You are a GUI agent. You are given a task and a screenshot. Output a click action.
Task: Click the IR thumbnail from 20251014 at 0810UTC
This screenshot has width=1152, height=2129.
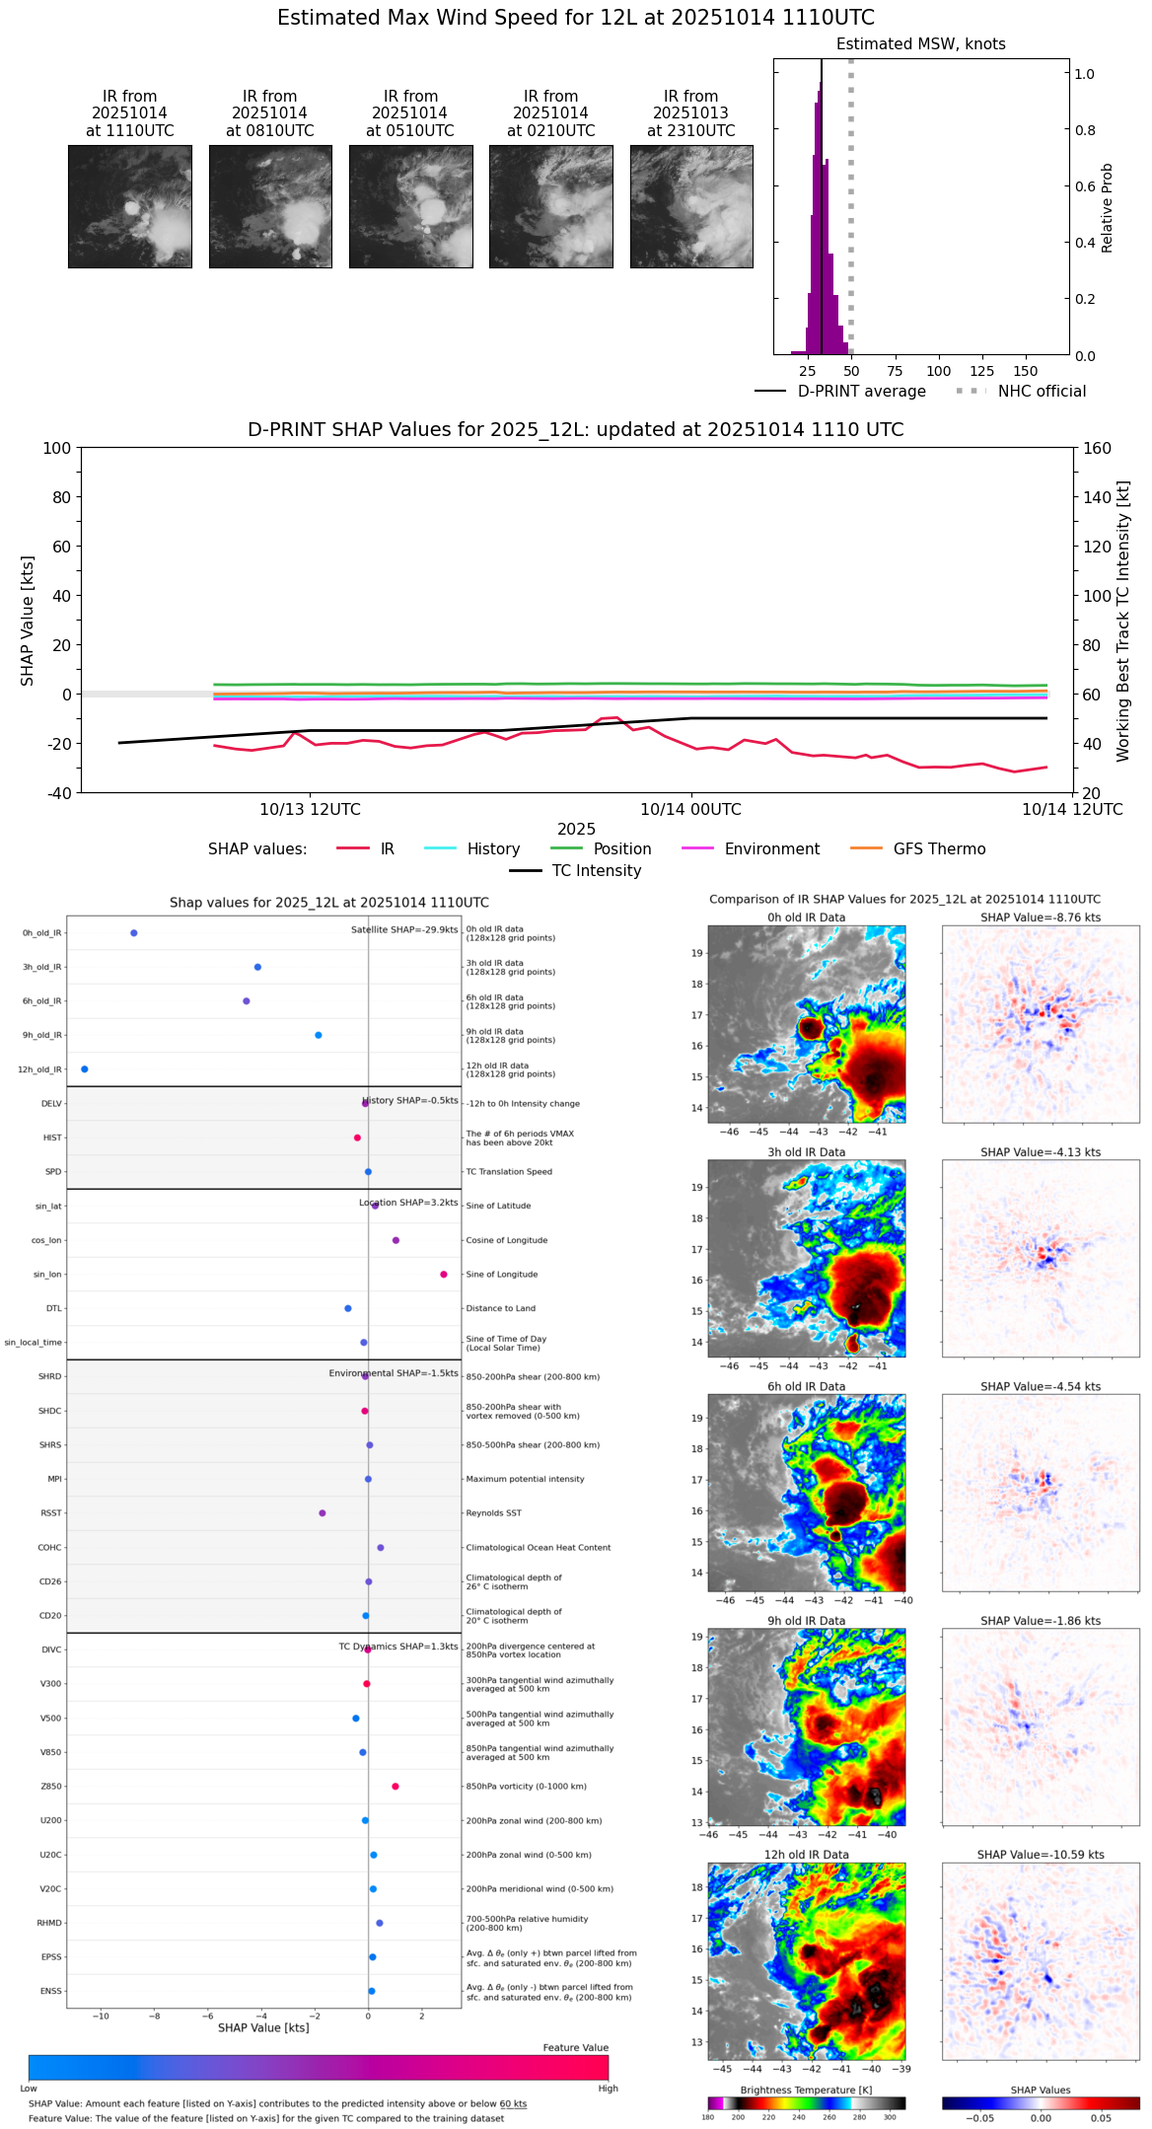[x=270, y=206]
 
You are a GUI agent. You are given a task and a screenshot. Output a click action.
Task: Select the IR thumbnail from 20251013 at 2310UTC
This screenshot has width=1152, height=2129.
[x=691, y=206]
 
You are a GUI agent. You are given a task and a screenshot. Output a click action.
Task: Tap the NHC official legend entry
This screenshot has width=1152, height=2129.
[x=1042, y=392]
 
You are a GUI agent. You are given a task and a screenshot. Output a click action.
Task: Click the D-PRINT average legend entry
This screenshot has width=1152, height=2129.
[x=861, y=392]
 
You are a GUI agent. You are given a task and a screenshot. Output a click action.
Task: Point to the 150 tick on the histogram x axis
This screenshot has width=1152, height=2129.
[x=1026, y=371]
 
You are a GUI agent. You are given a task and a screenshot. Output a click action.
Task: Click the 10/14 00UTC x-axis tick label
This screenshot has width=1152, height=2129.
[x=690, y=810]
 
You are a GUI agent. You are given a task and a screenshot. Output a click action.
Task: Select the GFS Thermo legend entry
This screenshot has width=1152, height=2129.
[x=939, y=849]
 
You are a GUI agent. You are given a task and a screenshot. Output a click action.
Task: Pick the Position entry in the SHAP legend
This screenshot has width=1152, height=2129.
[x=622, y=849]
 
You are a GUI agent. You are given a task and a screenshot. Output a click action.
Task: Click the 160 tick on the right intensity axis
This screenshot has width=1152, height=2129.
[x=1098, y=448]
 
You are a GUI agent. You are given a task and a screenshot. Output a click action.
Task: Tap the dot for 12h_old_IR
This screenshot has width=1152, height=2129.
[x=85, y=1069]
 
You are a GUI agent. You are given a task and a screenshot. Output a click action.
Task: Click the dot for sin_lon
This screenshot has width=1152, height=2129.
[x=444, y=1275]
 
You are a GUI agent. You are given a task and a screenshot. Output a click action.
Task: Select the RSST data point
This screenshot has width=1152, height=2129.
[x=323, y=1513]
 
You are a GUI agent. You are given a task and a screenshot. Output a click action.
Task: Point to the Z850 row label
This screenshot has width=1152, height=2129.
[x=50, y=1787]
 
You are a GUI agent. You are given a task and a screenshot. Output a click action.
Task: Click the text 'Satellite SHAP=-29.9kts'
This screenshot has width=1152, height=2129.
[x=404, y=929]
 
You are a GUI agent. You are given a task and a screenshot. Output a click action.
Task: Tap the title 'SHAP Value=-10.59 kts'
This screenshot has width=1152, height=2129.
[x=1041, y=1855]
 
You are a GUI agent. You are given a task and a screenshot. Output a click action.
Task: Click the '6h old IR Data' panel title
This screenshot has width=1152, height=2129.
[x=806, y=1386]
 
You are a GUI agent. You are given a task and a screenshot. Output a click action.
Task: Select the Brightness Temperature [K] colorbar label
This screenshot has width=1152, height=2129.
[x=806, y=2090]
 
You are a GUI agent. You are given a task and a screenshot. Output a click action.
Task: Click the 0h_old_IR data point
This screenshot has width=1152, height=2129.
[x=134, y=933]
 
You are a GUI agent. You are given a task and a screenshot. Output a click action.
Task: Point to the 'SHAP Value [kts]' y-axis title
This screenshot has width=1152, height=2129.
[x=28, y=621]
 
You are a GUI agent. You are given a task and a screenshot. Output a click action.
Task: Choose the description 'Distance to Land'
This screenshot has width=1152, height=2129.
[x=500, y=1308]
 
